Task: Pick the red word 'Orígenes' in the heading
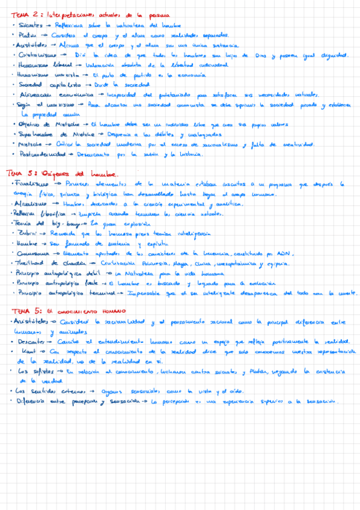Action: pos(52,174)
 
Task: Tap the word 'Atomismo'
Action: pos(28,204)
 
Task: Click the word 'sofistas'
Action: pos(32,371)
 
